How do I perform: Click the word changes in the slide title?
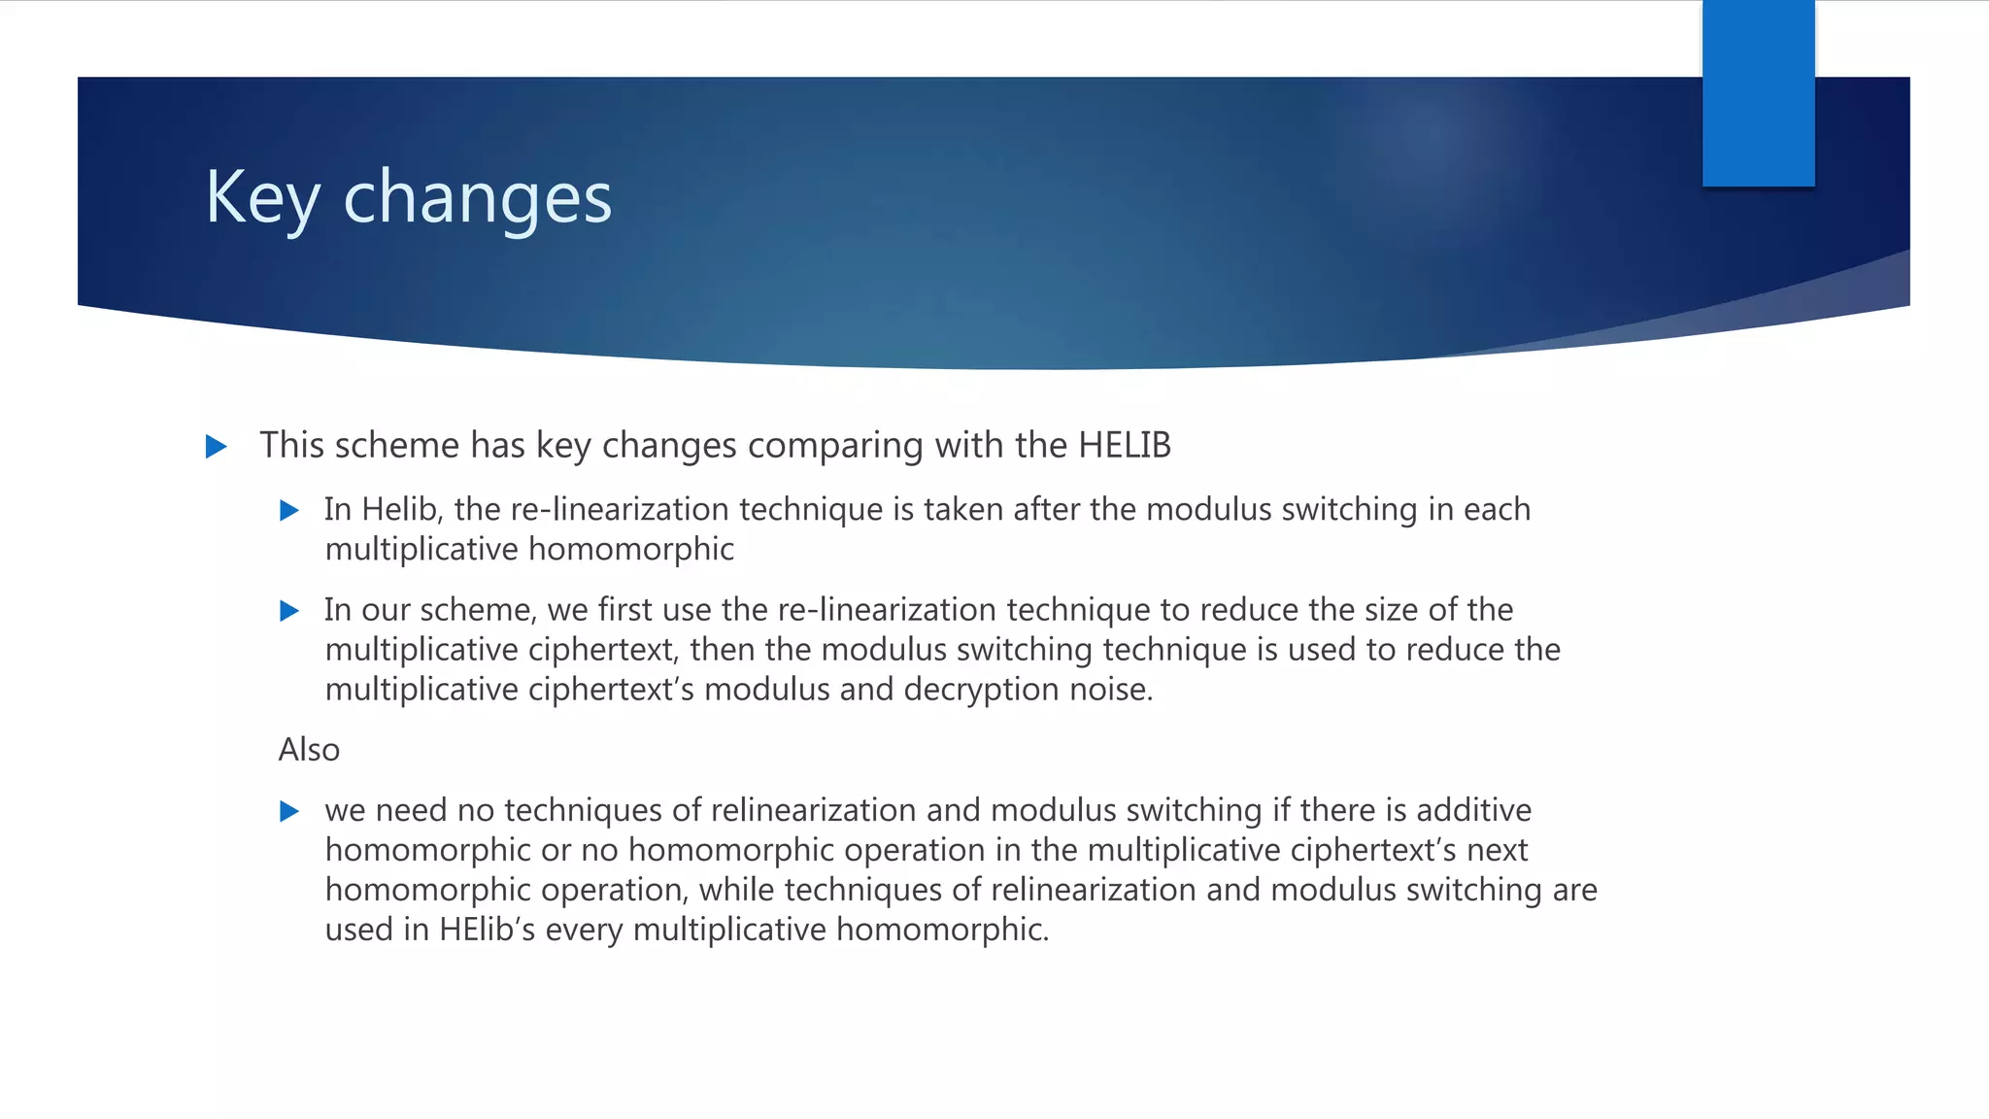(477, 198)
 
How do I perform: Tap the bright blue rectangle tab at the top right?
(1758, 92)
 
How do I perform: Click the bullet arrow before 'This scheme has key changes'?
(217, 447)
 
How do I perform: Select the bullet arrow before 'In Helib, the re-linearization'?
(289, 511)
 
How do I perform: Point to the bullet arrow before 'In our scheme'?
(289, 611)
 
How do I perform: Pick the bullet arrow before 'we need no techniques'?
(289, 812)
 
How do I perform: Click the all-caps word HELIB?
(1124, 446)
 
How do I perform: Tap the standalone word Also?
(309, 750)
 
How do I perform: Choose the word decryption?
(981, 691)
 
